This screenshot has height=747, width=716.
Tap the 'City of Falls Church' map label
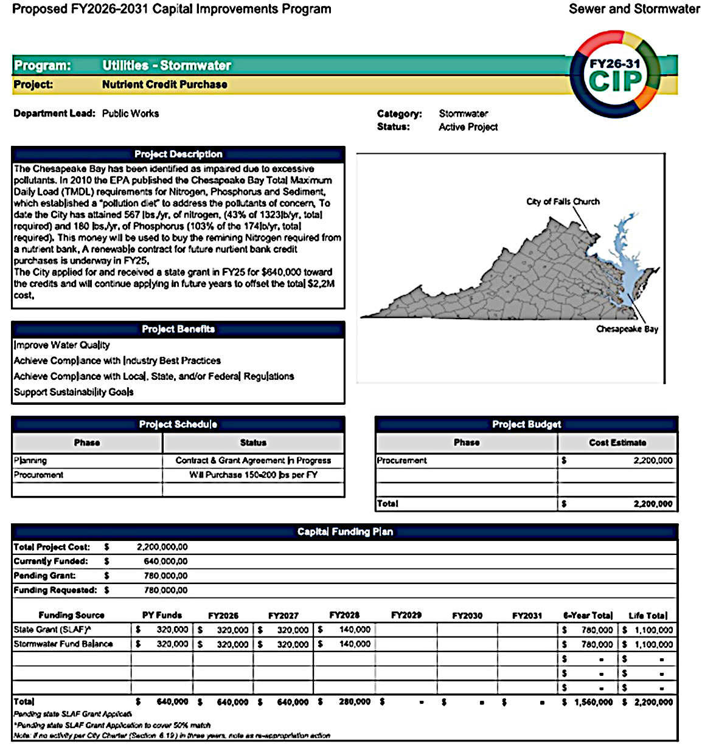(x=563, y=202)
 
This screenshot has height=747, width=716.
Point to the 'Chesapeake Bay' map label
(x=627, y=329)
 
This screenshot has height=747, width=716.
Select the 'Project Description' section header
(x=178, y=154)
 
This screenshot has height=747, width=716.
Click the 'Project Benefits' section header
(x=178, y=329)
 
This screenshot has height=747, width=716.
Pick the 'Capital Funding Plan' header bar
(x=345, y=532)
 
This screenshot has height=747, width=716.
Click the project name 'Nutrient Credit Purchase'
(x=164, y=84)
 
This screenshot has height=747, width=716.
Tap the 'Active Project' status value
(x=468, y=127)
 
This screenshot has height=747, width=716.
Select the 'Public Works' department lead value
(x=130, y=114)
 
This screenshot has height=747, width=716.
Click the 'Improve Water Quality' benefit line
(x=62, y=345)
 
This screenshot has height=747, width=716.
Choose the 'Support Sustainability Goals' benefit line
(x=74, y=392)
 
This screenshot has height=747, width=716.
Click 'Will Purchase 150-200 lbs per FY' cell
(x=253, y=475)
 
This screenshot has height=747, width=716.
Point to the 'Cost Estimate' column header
(x=617, y=442)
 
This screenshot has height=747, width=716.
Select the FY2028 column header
(x=344, y=615)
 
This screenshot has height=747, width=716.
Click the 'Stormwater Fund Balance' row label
(x=63, y=644)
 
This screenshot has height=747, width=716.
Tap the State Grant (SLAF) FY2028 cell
(x=345, y=630)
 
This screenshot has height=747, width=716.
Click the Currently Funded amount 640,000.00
(x=165, y=562)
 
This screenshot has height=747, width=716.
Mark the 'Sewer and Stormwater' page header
(x=634, y=9)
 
